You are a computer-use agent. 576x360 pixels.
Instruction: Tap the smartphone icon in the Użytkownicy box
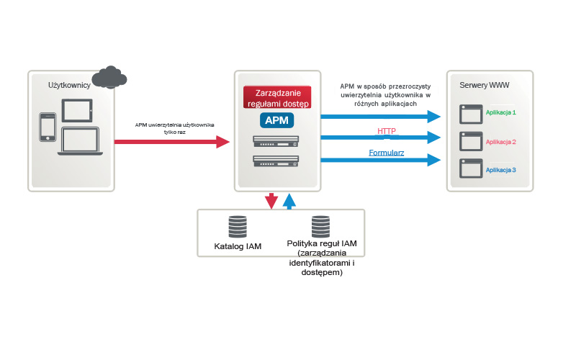48,127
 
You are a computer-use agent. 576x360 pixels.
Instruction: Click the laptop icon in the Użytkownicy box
82,141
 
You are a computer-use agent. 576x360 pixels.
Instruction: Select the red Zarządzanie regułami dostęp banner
277,97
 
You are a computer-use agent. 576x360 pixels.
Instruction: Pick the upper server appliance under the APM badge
276,141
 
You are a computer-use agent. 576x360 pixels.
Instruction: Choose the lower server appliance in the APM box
276,161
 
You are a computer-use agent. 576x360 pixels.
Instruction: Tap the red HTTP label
387,131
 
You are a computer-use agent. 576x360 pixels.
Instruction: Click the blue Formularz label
387,153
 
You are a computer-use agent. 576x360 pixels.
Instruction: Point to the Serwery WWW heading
484,85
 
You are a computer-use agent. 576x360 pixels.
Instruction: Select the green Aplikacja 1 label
501,113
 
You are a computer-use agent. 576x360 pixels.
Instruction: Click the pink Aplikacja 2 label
501,142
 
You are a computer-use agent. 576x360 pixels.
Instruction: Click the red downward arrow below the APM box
271,201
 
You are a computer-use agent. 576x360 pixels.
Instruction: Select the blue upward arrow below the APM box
289,201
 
